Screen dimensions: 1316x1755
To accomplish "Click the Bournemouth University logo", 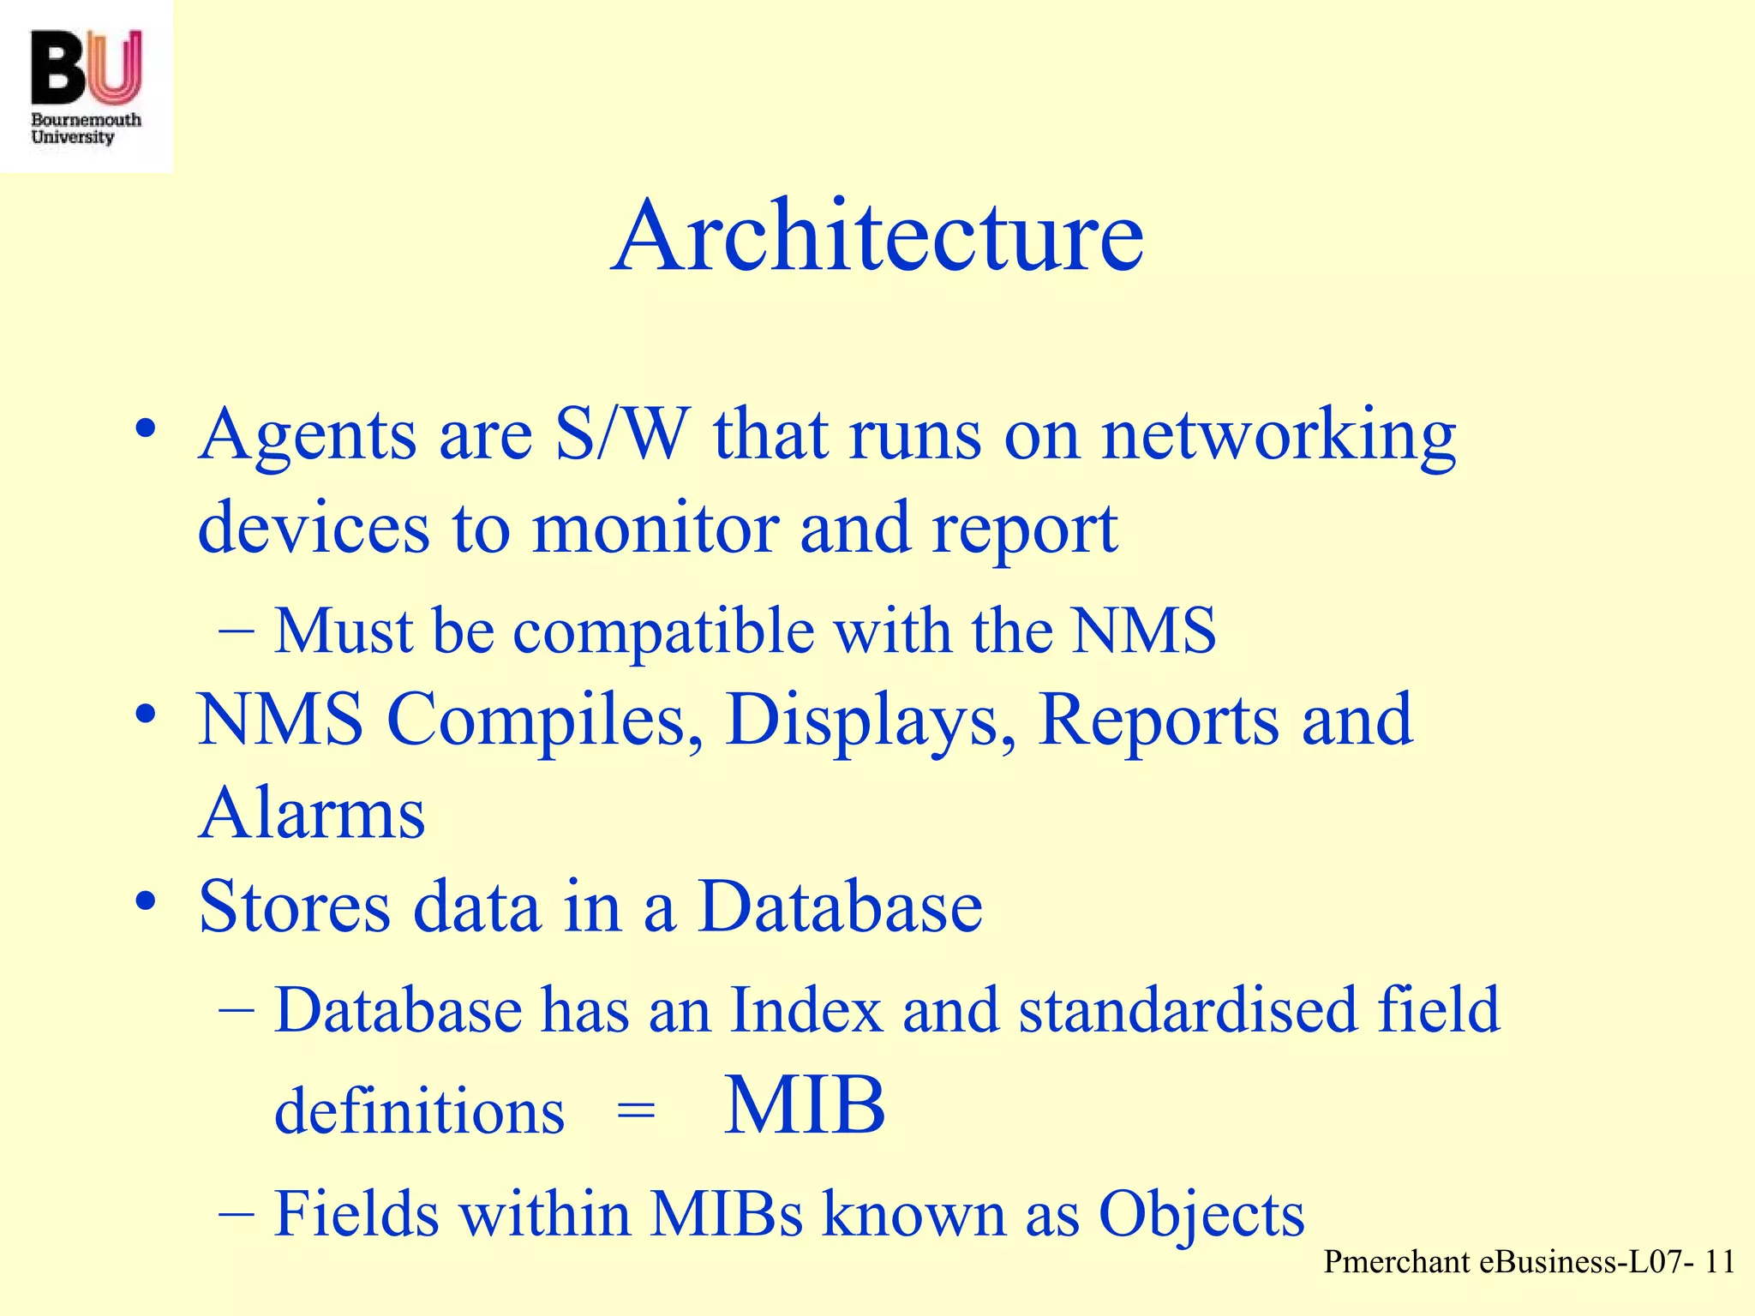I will pos(86,86).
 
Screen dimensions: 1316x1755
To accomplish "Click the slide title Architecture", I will pos(877,236).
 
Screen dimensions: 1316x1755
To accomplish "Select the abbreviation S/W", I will pos(622,434).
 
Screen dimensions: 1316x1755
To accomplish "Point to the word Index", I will pos(806,1010).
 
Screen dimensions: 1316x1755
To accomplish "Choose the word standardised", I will pos(1188,1010).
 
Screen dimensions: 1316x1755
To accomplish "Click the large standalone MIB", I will pos(804,1106).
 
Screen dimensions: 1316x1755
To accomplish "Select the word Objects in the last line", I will pos(1201,1216).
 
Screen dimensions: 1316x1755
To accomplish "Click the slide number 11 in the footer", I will pos(1719,1262).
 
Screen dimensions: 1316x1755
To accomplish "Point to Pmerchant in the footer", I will pos(1396,1262).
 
